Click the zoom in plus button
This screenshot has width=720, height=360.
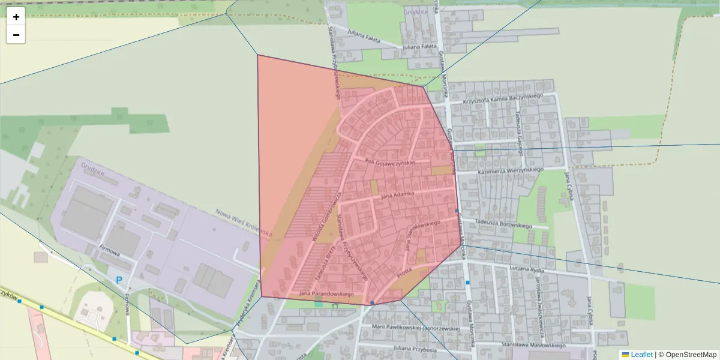coord(16,17)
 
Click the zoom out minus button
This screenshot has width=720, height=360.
coord(16,35)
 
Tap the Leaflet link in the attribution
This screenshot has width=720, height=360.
coord(641,355)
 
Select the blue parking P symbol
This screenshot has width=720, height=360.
coord(119,280)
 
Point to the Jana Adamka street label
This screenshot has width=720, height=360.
coord(398,195)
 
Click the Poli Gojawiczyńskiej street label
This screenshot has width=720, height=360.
coord(391,163)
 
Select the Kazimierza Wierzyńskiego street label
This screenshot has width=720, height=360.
coord(510,171)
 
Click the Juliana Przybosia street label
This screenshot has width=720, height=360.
coord(415,348)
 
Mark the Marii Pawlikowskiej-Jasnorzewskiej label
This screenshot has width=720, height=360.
coord(415,328)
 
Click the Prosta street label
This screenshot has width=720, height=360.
coord(403,272)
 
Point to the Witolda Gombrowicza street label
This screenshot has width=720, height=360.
coord(325,215)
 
